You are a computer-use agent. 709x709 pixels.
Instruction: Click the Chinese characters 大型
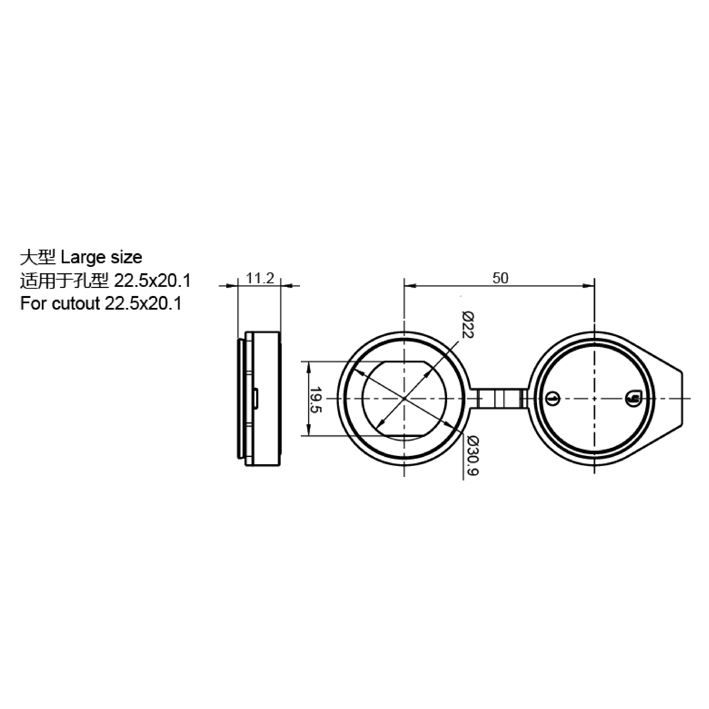pos(37,258)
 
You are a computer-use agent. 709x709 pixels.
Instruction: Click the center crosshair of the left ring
pos(404,398)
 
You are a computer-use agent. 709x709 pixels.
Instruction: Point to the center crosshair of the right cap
pos(594,398)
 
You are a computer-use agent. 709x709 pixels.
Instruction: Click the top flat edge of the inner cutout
pos(404,362)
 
